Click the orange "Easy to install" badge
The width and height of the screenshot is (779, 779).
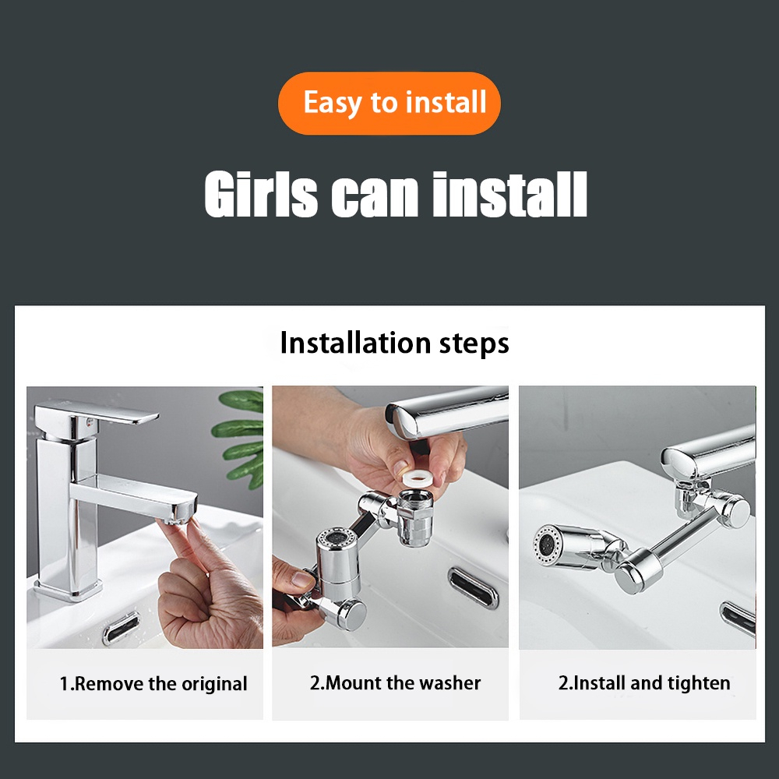[x=389, y=104]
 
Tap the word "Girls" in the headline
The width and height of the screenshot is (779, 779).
[x=261, y=194]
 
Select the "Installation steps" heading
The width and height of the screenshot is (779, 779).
[x=394, y=344]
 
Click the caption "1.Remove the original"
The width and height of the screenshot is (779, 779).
[x=153, y=684]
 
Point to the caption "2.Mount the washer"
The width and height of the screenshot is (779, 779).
[x=395, y=683]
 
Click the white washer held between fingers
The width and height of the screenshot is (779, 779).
[x=418, y=479]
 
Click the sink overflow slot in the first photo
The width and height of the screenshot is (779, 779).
[x=122, y=629]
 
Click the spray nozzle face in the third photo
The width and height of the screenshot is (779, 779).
[x=545, y=545]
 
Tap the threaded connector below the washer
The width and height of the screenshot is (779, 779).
[x=415, y=516]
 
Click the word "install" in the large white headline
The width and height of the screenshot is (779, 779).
[x=509, y=194]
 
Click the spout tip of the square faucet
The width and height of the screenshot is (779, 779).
[x=179, y=513]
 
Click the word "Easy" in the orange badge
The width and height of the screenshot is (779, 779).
[x=332, y=104]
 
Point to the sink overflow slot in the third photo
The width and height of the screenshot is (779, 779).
[x=738, y=618]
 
